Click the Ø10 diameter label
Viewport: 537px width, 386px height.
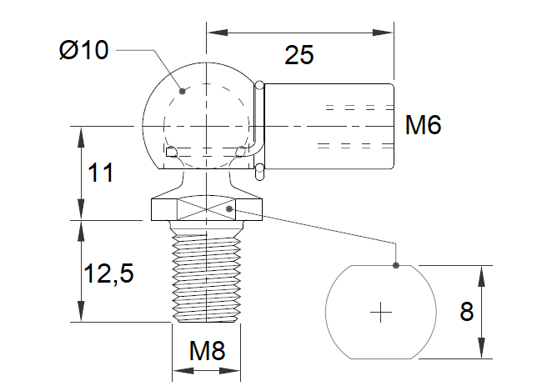point(84,50)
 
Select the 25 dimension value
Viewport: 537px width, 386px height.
point(299,56)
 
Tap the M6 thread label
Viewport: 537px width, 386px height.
point(422,126)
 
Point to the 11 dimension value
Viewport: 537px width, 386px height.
point(100,173)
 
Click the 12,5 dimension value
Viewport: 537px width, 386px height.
point(108,271)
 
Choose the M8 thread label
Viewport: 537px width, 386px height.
point(207,351)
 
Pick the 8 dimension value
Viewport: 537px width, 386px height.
point(466,313)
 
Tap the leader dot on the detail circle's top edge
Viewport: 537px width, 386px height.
point(395,266)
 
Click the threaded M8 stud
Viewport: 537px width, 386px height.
point(208,275)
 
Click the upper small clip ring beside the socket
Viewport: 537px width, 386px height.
point(260,83)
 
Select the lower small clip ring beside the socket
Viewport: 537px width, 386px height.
point(260,170)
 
